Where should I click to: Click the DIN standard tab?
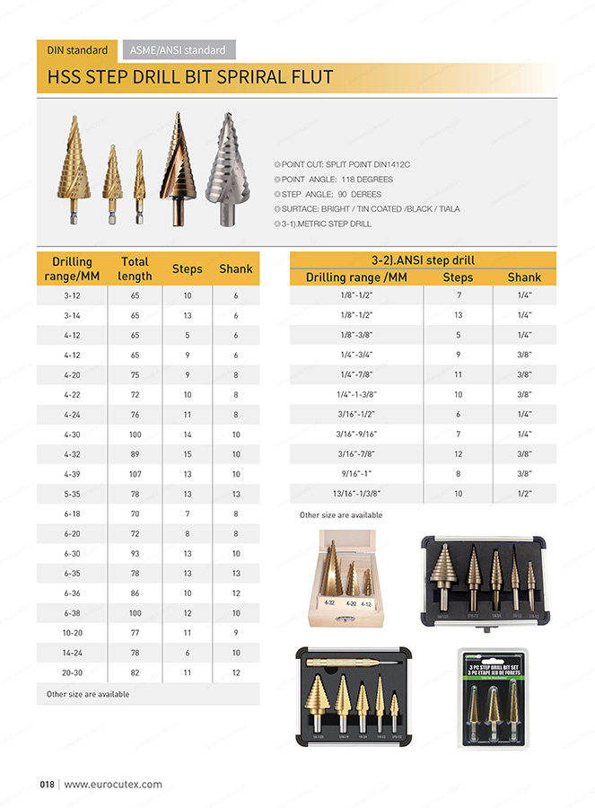(x=77, y=50)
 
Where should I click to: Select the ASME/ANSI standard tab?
(x=177, y=50)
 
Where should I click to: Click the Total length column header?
(x=135, y=268)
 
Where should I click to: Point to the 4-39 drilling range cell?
(x=73, y=474)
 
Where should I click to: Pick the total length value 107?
(x=135, y=474)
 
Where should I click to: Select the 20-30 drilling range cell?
(x=73, y=672)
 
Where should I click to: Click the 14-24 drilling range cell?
(x=73, y=652)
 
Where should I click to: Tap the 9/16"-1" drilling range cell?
(x=356, y=473)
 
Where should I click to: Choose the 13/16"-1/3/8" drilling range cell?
(x=356, y=493)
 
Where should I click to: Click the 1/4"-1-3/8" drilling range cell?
(x=356, y=394)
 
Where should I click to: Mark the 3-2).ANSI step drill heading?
(x=423, y=260)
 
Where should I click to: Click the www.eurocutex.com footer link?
(x=113, y=784)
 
